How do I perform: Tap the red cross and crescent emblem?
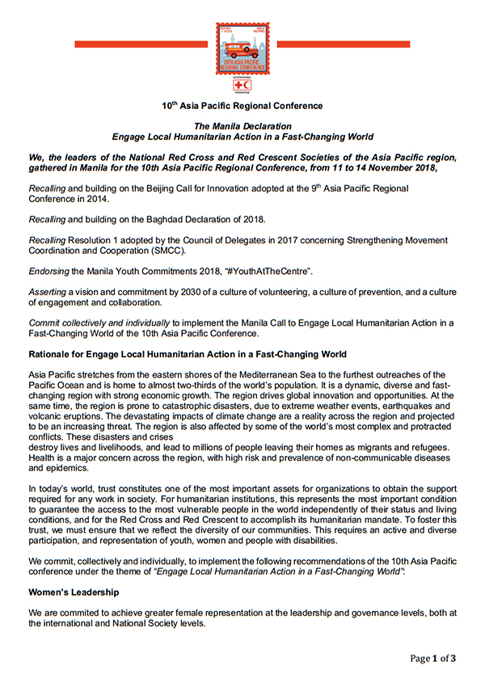242,84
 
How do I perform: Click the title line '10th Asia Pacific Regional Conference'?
242,106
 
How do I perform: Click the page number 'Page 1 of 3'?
432,659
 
